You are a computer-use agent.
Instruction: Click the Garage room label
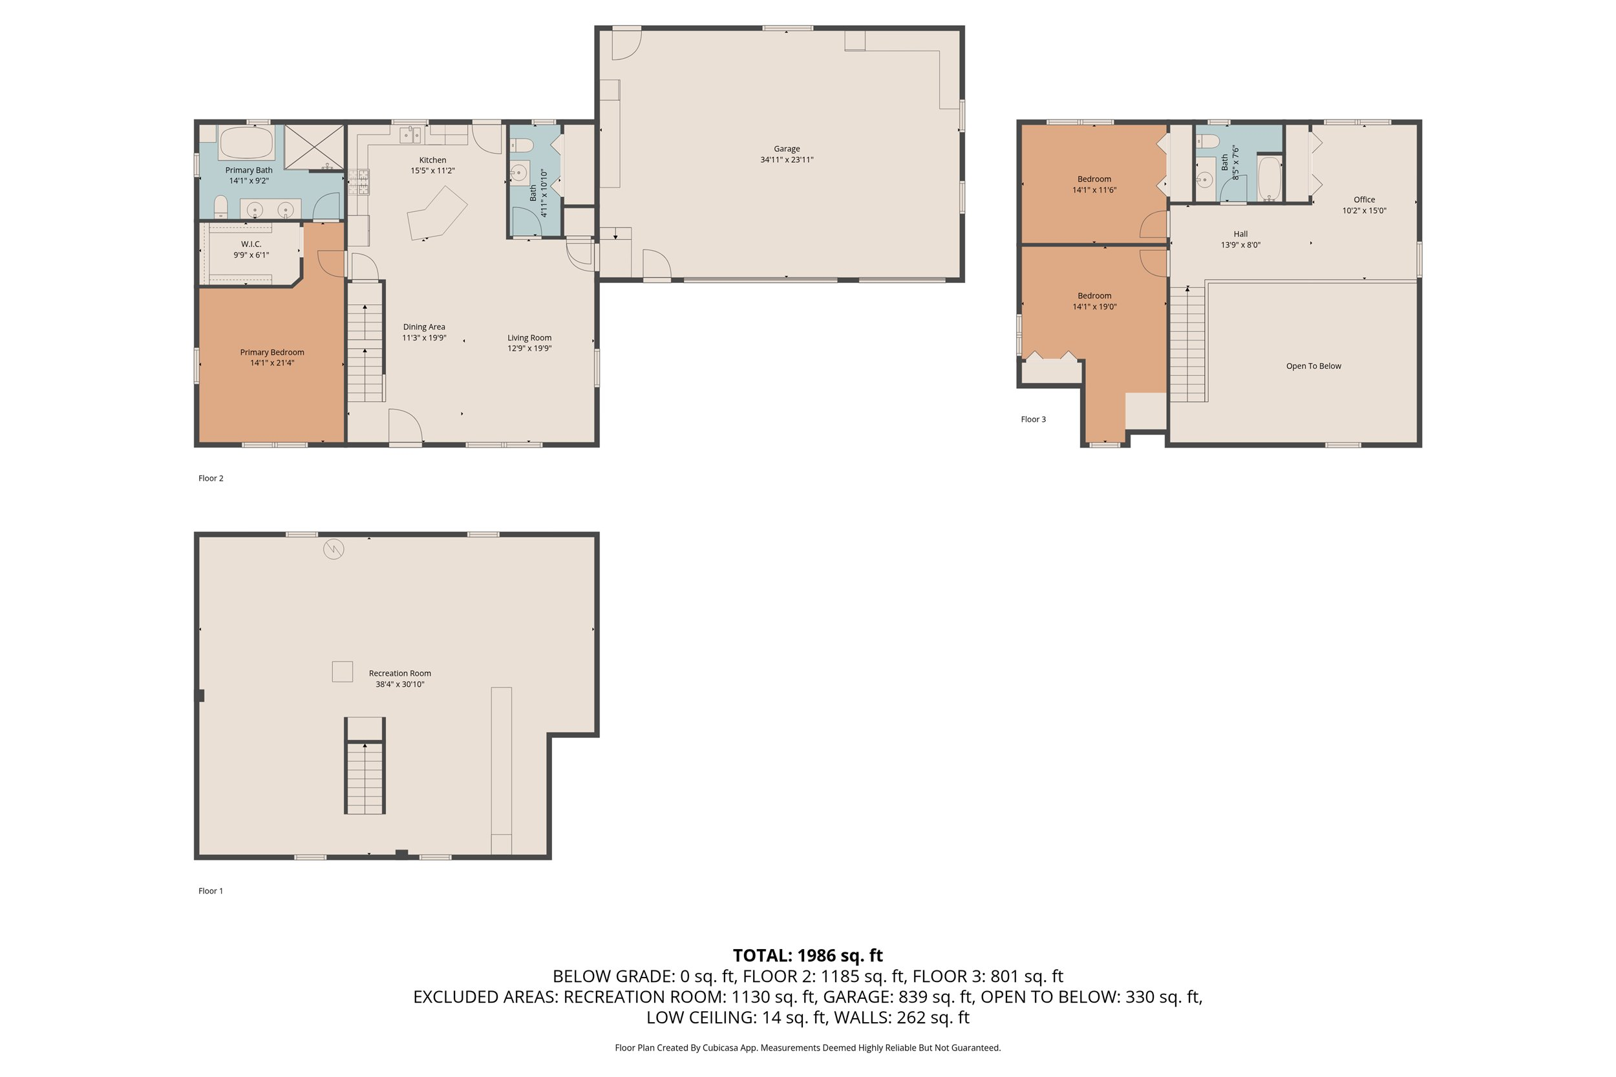pyautogui.click(x=787, y=149)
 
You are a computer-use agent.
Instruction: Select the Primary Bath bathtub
pyautogui.click(x=246, y=143)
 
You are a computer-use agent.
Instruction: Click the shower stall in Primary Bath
pyautogui.click(x=314, y=146)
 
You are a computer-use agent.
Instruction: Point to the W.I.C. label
pyautogui.click(x=251, y=244)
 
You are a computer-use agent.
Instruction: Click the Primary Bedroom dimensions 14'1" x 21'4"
pyautogui.click(x=272, y=362)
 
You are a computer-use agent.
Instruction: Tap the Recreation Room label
pyautogui.click(x=400, y=673)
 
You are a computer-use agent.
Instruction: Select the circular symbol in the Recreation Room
pyautogui.click(x=334, y=549)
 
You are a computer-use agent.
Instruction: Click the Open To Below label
pyautogui.click(x=1313, y=366)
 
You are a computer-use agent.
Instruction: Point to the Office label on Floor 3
pyautogui.click(x=1364, y=200)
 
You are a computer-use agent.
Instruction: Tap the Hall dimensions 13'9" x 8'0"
pyautogui.click(x=1240, y=244)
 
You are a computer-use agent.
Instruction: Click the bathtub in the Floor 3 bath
pyautogui.click(x=1269, y=178)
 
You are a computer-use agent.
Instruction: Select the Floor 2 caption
pyautogui.click(x=211, y=478)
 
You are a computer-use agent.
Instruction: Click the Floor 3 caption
pyautogui.click(x=1033, y=419)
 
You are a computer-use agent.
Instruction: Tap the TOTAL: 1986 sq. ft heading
pyautogui.click(x=807, y=956)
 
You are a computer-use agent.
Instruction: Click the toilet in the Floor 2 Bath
pyautogui.click(x=523, y=145)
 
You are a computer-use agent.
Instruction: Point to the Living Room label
pyautogui.click(x=529, y=337)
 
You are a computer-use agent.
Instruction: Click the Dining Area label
pyautogui.click(x=424, y=327)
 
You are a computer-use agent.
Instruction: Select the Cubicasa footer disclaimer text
pyautogui.click(x=807, y=1047)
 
